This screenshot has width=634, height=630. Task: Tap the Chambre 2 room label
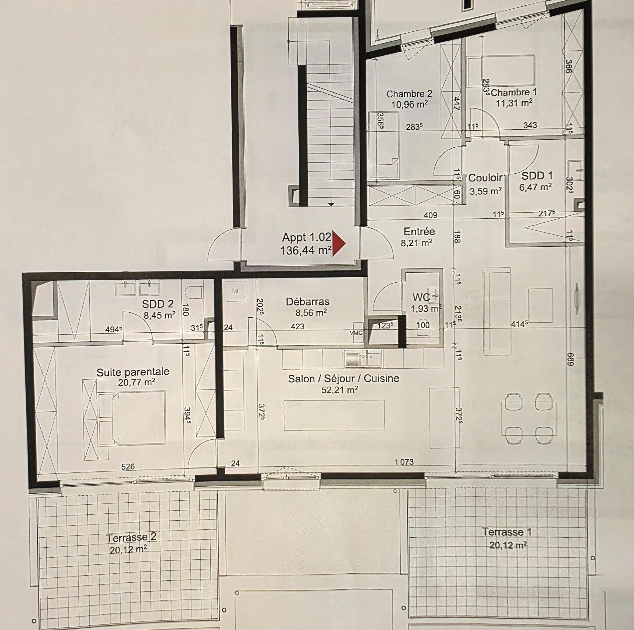409,94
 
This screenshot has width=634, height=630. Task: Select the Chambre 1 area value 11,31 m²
514,103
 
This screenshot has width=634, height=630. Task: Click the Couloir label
485,178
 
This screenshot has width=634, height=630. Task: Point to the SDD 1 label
537,176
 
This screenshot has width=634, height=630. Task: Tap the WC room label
421,297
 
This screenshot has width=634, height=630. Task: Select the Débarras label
308,302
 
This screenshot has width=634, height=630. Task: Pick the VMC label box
356,332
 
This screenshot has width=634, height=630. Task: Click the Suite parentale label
133,372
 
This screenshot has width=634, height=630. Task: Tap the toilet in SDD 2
194,292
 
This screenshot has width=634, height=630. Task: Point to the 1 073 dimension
404,462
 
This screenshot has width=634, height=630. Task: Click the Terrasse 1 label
506,532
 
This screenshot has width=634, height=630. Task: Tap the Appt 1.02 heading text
307,237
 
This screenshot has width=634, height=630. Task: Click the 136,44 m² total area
306,250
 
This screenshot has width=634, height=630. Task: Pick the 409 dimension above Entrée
430,215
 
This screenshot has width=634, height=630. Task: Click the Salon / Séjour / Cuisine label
343,379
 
